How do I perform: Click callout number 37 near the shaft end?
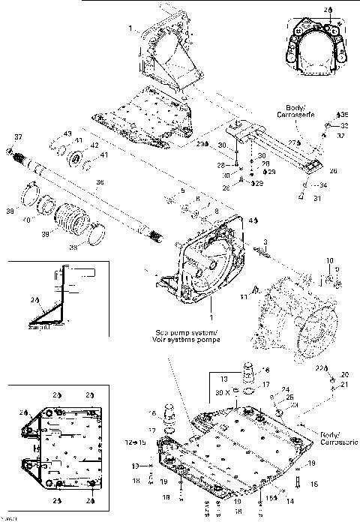[x=19, y=137]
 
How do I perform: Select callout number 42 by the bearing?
[x=94, y=145]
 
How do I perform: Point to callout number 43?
[x=67, y=133]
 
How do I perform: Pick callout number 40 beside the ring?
[x=28, y=220]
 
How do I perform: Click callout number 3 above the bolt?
[x=265, y=240]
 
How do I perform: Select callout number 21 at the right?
[x=345, y=384]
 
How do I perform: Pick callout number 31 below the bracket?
[x=316, y=198]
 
